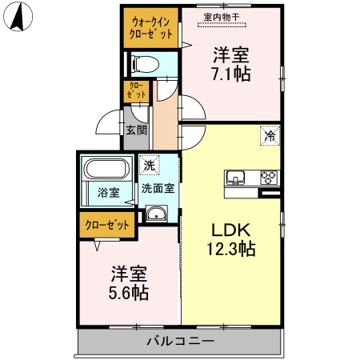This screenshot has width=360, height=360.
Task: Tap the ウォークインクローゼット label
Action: pyautogui.click(x=150, y=29)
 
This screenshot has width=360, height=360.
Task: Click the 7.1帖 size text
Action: pyautogui.click(x=230, y=74)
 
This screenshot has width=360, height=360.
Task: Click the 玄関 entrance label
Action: pyautogui.click(x=134, y=130)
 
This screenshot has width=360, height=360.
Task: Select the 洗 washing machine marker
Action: pyautogui.click(x=149, y=166)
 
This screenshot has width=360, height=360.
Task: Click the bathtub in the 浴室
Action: pyautogui.click(x=106, y=171)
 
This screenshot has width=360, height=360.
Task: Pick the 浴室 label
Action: pyautogui.click(x=107, y=193)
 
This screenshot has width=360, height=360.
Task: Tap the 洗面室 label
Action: pyautogui.click(x=158, y=190)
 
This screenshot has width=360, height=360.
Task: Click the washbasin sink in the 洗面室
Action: pyautogui.click(x=156, y=213)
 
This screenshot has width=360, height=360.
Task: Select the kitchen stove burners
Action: pyautogui.click(x=268, y=178)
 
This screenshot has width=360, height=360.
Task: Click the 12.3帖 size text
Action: pyautogui.click(x=230, y=249)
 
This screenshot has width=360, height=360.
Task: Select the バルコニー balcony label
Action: pyautogui.click(x=180, y=341)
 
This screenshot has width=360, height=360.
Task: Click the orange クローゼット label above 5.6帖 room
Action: pyautogui.click(x=107, y=225)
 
